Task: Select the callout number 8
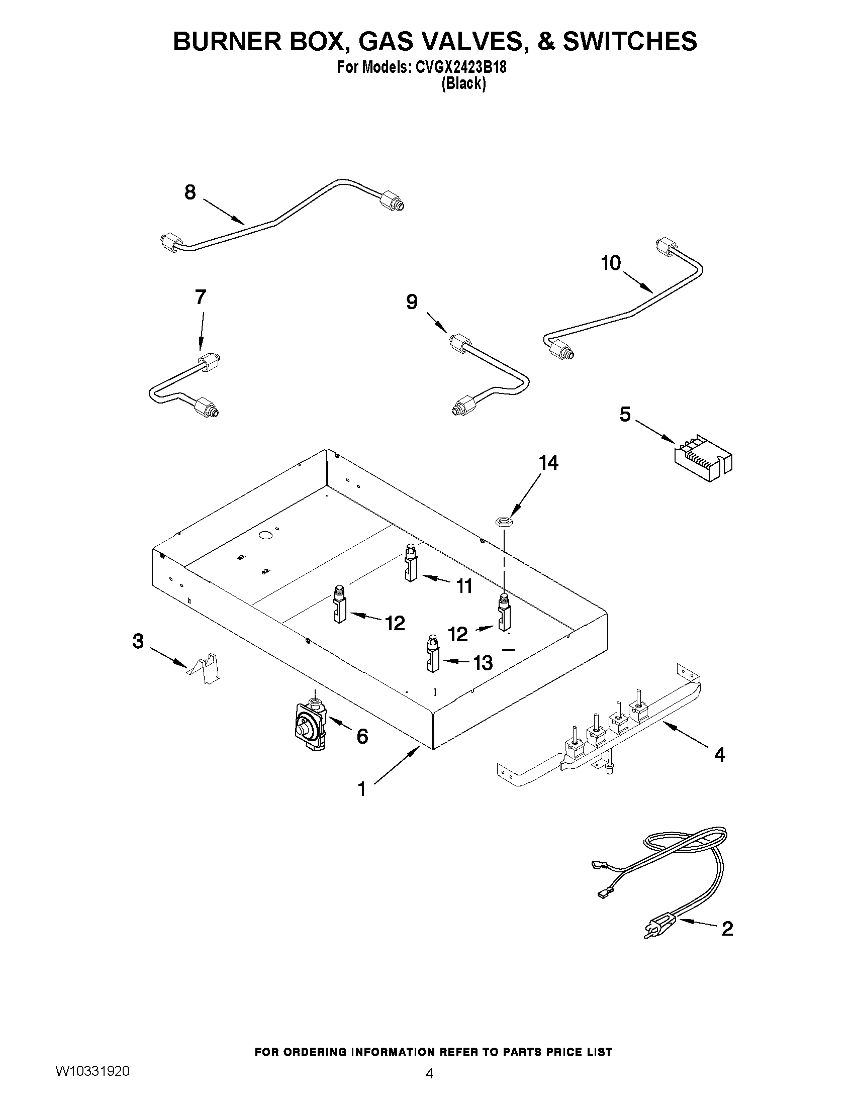[190, 192]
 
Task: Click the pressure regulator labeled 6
[309, 725]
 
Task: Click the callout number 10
[611, 263]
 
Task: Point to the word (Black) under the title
[463, 83]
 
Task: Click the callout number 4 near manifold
[719, 769]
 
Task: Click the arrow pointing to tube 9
[437, 322]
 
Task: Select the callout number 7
[201, 297]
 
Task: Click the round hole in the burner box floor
[265, 535]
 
